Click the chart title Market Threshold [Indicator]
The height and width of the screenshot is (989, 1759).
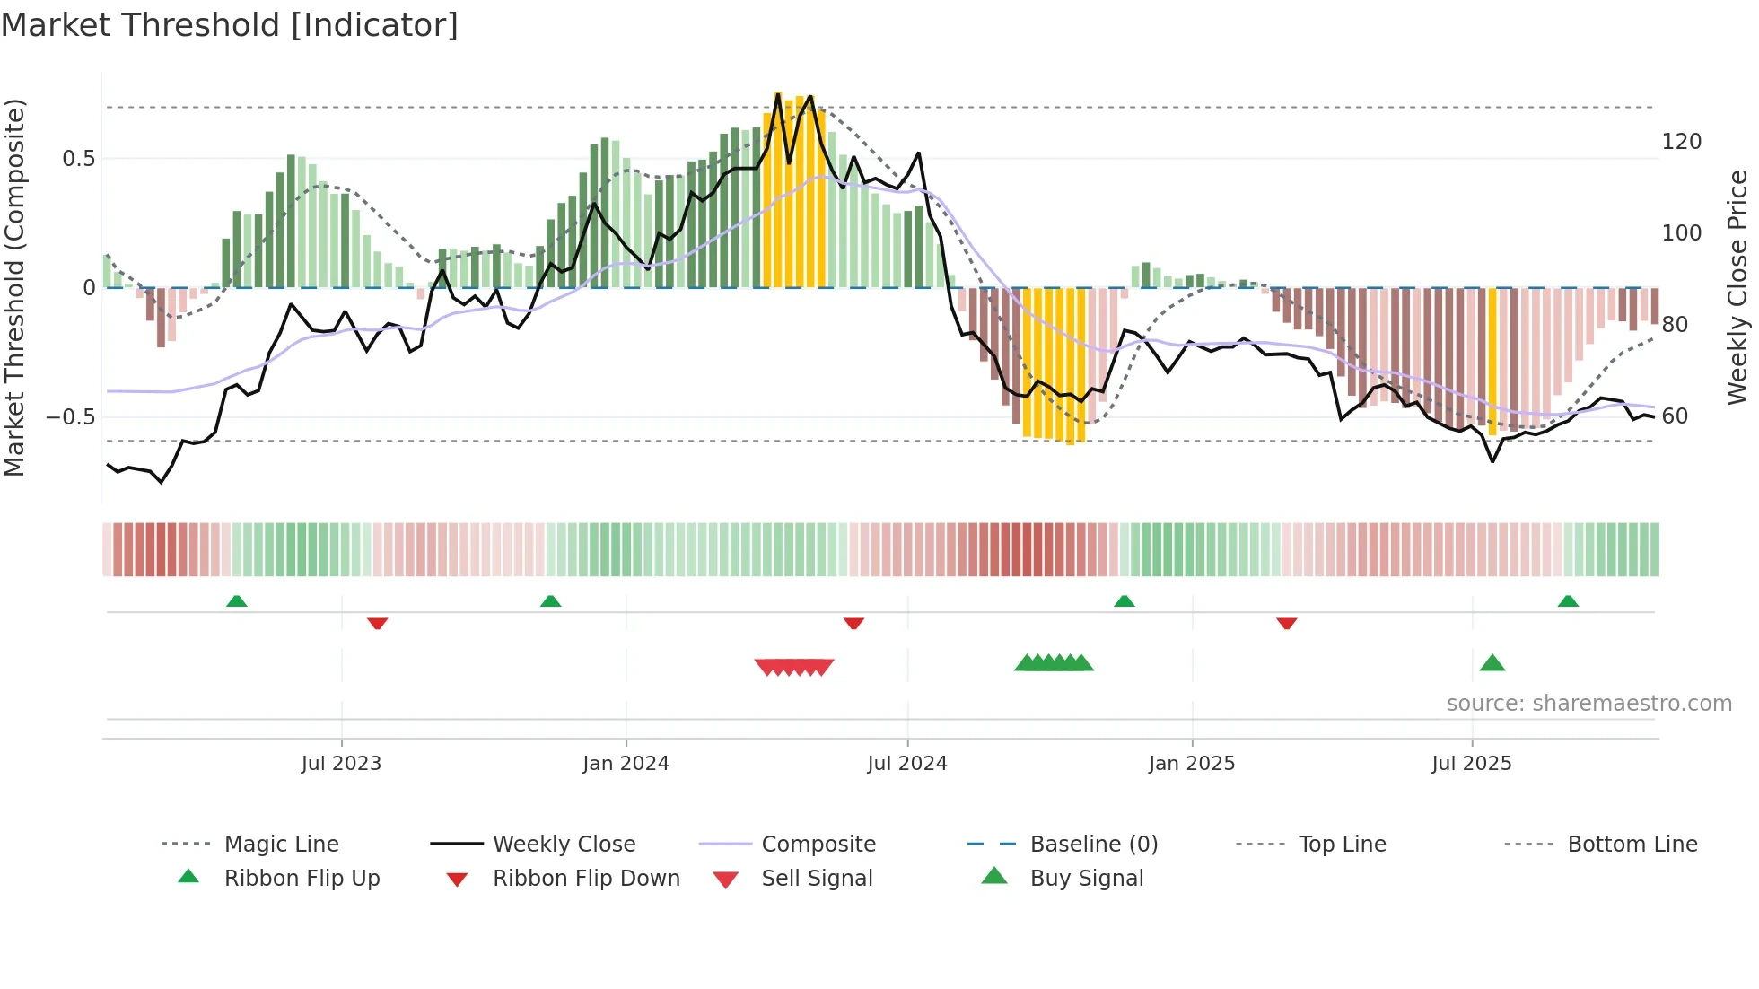click(x=230, y=25)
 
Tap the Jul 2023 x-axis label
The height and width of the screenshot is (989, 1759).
click(x=341, y=764)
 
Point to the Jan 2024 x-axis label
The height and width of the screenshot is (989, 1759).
click(x=626, y=764)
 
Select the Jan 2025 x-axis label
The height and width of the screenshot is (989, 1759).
click(x=1192, y=764)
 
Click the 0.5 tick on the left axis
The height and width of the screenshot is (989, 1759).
click(x=78, y=159)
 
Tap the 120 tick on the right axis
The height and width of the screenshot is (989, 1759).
click(x=1681, y=142)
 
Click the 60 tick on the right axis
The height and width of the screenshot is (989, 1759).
click(x=1675, y=416)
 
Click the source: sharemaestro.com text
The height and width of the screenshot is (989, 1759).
click(x=1588, y=704)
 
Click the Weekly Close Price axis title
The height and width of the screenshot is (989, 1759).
click(x=1737, y=287)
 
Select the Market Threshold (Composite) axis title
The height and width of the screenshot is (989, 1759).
click(x=14, y=287)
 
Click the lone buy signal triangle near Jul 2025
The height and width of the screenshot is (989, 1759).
click(x=1492, y=663)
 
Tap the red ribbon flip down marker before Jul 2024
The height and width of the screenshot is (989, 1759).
click(x=853, y=623)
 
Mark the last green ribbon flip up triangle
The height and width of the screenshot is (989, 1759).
click(x=1568, y=601)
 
